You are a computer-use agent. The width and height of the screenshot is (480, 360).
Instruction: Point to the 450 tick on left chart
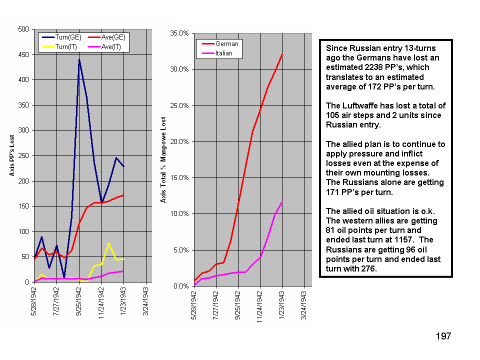pos(22,54)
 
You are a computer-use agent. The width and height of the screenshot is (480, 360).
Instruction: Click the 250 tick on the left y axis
pos(22,155)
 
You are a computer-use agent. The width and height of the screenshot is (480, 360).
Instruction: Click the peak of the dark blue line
pos(79,59)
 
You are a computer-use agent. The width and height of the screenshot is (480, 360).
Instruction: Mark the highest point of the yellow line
pos(109,243)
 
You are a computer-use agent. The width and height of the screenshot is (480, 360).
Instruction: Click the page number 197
pos(443,336)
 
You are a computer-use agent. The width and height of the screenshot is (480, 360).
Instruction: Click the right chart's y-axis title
pos(163,159)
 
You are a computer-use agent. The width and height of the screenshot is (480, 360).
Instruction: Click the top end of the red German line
pos(282,54)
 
